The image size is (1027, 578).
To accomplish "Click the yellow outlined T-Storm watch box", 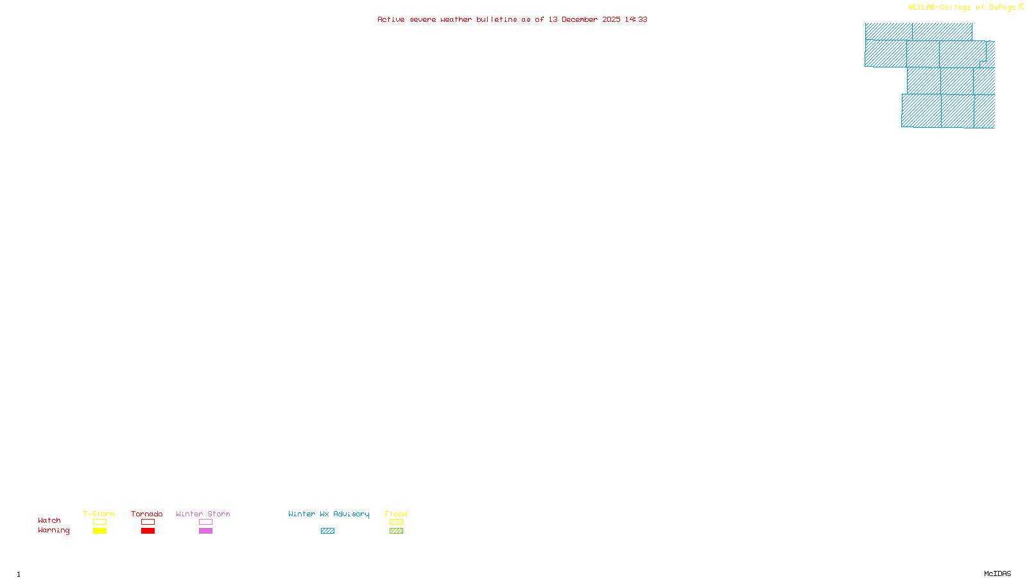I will (x=99, y=522).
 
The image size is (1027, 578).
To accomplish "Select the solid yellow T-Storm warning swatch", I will (x=99, y=531).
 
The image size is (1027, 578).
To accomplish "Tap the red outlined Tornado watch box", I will (x=148, y=522).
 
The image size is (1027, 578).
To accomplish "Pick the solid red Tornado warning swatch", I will (x=148, y=531).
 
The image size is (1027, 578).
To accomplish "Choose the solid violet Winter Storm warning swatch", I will (x=205, y=531).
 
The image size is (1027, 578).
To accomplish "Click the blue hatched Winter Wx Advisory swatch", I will (x=327, y=531).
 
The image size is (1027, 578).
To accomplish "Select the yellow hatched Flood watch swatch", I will (x=396, y=522).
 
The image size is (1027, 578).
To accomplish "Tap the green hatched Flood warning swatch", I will (x=396, y=531).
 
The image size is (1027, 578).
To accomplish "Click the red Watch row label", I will (x=49, y=520).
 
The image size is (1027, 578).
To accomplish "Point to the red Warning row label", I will (x=54, y=530).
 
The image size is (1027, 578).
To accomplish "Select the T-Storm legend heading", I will (x=99, y=514).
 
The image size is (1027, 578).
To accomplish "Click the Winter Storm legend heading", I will (x=203, y=514).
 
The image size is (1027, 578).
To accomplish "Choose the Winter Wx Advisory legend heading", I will (x=329, y=514).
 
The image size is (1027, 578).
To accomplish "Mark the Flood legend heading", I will (x=396, y=514).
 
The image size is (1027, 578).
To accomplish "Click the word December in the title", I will (x=580, y=19).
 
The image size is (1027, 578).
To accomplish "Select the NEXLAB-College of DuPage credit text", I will (x=962, y=7).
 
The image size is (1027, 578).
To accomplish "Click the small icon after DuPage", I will (x=1021, y=7).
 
